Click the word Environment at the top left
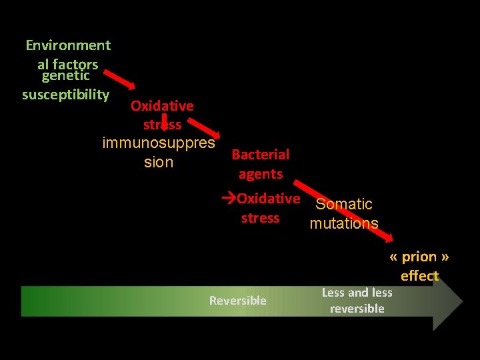[x=68, y=45]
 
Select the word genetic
[x=65, y=76]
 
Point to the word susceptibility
[x=65, y=94]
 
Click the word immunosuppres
[x=159, y=143]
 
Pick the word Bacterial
[x=260, y=155]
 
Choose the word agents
[x=261, y=174]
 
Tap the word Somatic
[x=344, y=204]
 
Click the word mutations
[x=344, y=223]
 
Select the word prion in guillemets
[x=419, y=257]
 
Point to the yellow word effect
[x=419, y=276]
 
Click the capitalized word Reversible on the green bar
[x=237, y=301]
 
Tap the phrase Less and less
[x=357, y=293]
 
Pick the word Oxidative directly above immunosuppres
[x=162, y=105]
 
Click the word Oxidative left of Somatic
[x=269, y=199]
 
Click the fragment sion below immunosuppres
[x=159, y=162]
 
